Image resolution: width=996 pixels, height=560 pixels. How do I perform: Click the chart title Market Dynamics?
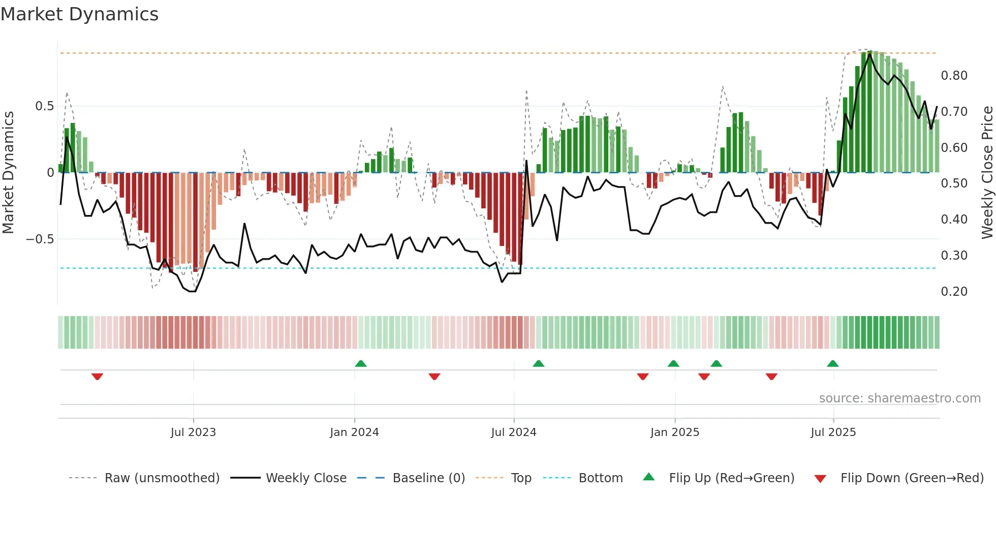point(80,14)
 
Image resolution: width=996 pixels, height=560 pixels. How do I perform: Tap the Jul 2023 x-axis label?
point(193,432)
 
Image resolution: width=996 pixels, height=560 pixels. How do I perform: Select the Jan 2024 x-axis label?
point(354,432)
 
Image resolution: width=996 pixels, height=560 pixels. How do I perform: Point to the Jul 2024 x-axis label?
point(514,432)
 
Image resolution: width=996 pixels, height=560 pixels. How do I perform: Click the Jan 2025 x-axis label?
point(675,432)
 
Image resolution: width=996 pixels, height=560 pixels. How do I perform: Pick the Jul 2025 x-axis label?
point(833,432)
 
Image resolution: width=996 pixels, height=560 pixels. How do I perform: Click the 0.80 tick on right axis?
point(954,76)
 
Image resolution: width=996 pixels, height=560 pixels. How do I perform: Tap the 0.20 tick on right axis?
point(954,292)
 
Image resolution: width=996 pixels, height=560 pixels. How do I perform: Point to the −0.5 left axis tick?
point(40,239)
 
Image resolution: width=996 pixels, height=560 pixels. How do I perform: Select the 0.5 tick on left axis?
point(44,106)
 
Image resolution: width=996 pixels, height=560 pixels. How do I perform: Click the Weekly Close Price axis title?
point(987,172)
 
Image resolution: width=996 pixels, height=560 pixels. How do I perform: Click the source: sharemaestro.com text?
point(899,398)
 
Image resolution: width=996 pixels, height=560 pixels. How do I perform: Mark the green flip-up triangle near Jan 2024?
point(361,363)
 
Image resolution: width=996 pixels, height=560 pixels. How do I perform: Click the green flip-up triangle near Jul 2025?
point(832,363)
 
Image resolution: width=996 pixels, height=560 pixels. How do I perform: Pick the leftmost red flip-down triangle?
point(97,376)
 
